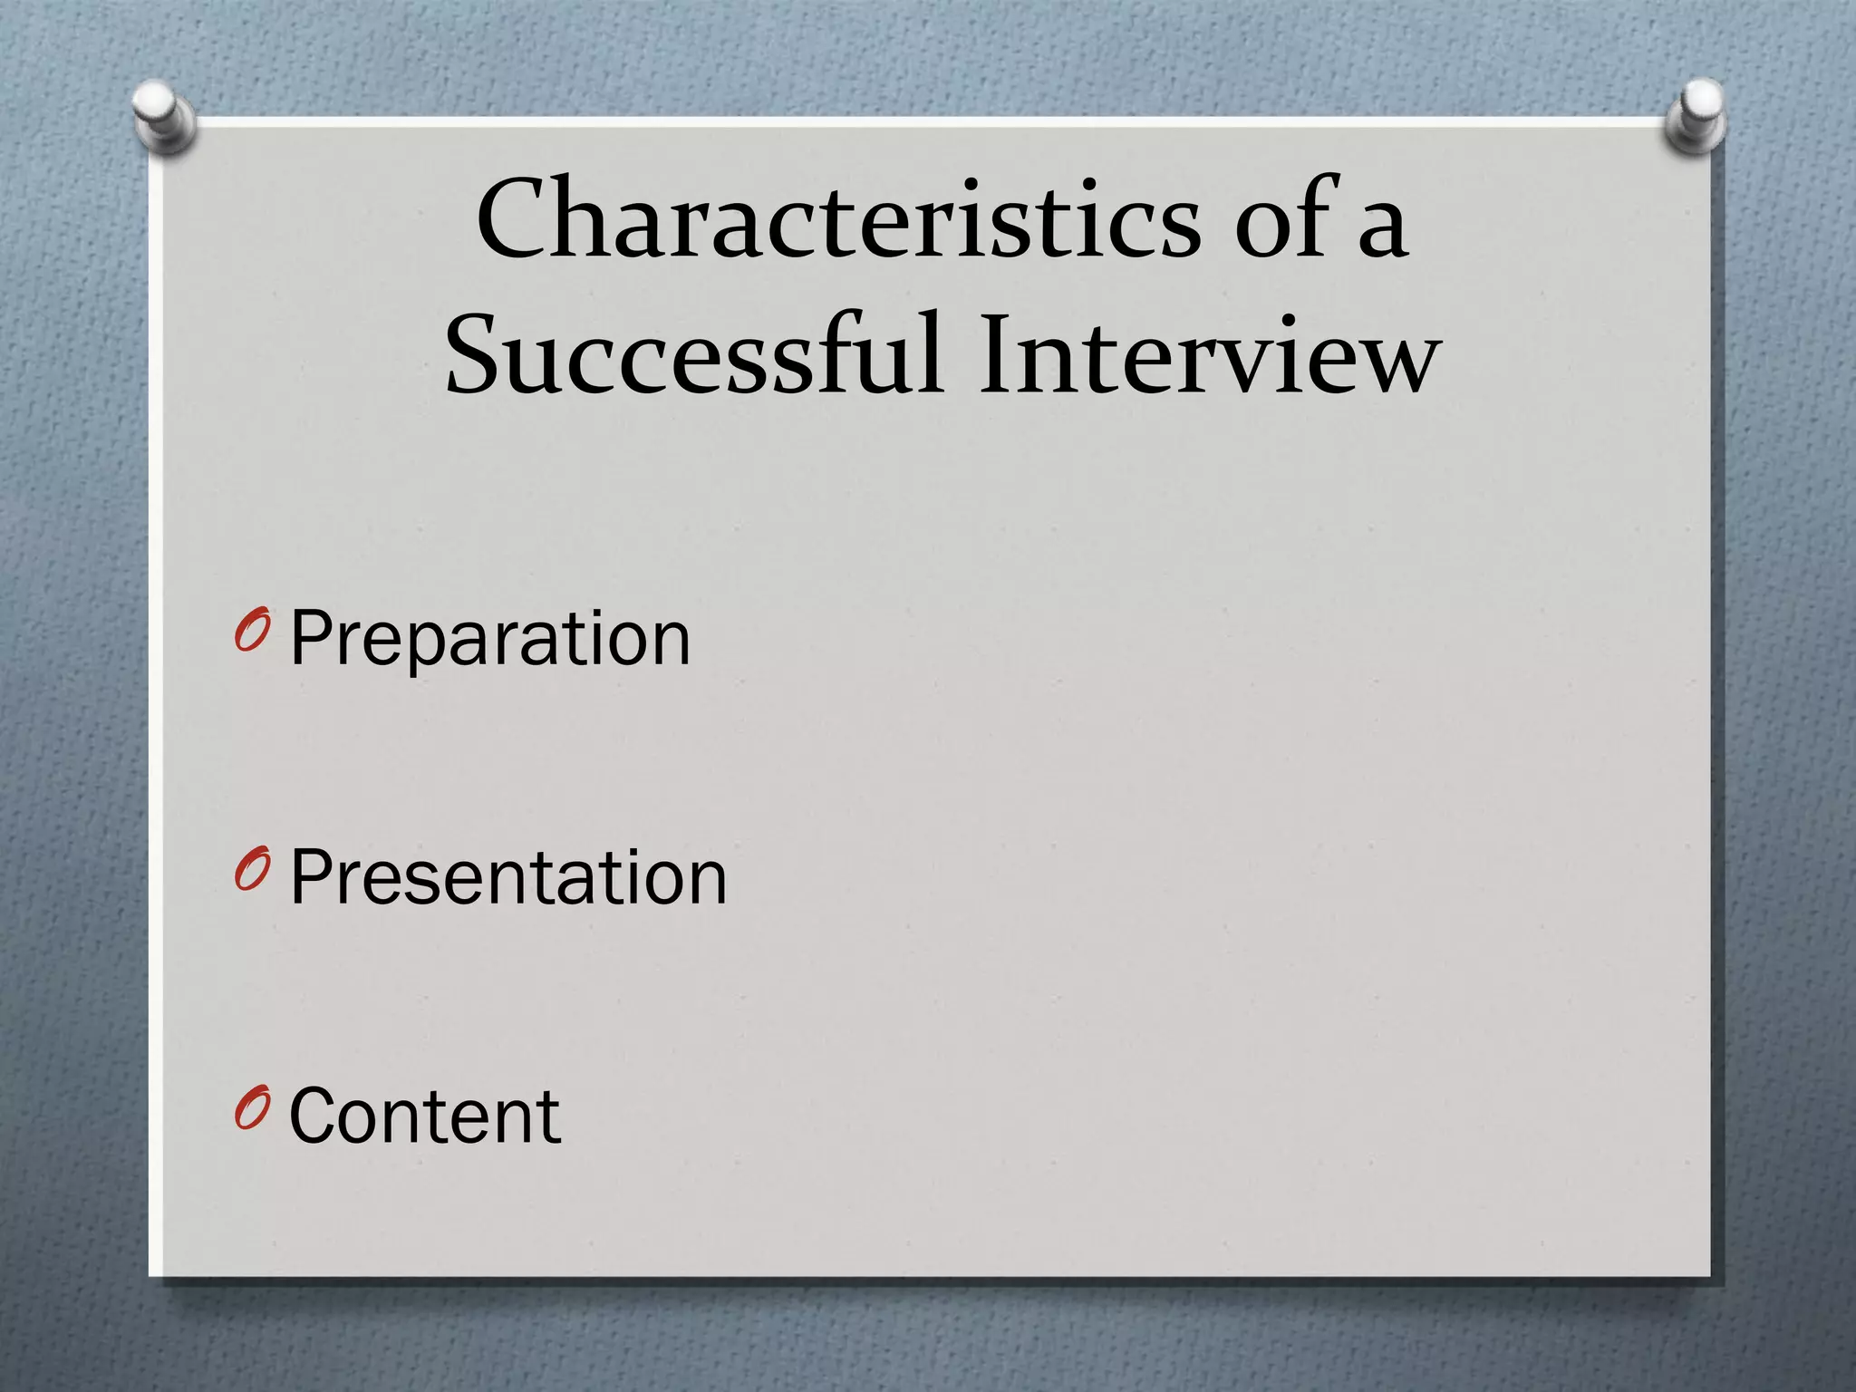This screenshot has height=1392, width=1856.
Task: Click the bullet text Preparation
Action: [490, 639]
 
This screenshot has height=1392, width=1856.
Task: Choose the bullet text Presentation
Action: [508, 877]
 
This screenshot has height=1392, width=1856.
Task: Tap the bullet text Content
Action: [425, 1116]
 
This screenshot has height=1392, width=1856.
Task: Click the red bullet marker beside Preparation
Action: [250, 632]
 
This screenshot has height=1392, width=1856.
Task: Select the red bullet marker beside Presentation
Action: [250, 870]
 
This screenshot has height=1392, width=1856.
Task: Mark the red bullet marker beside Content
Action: [250, 1109]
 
